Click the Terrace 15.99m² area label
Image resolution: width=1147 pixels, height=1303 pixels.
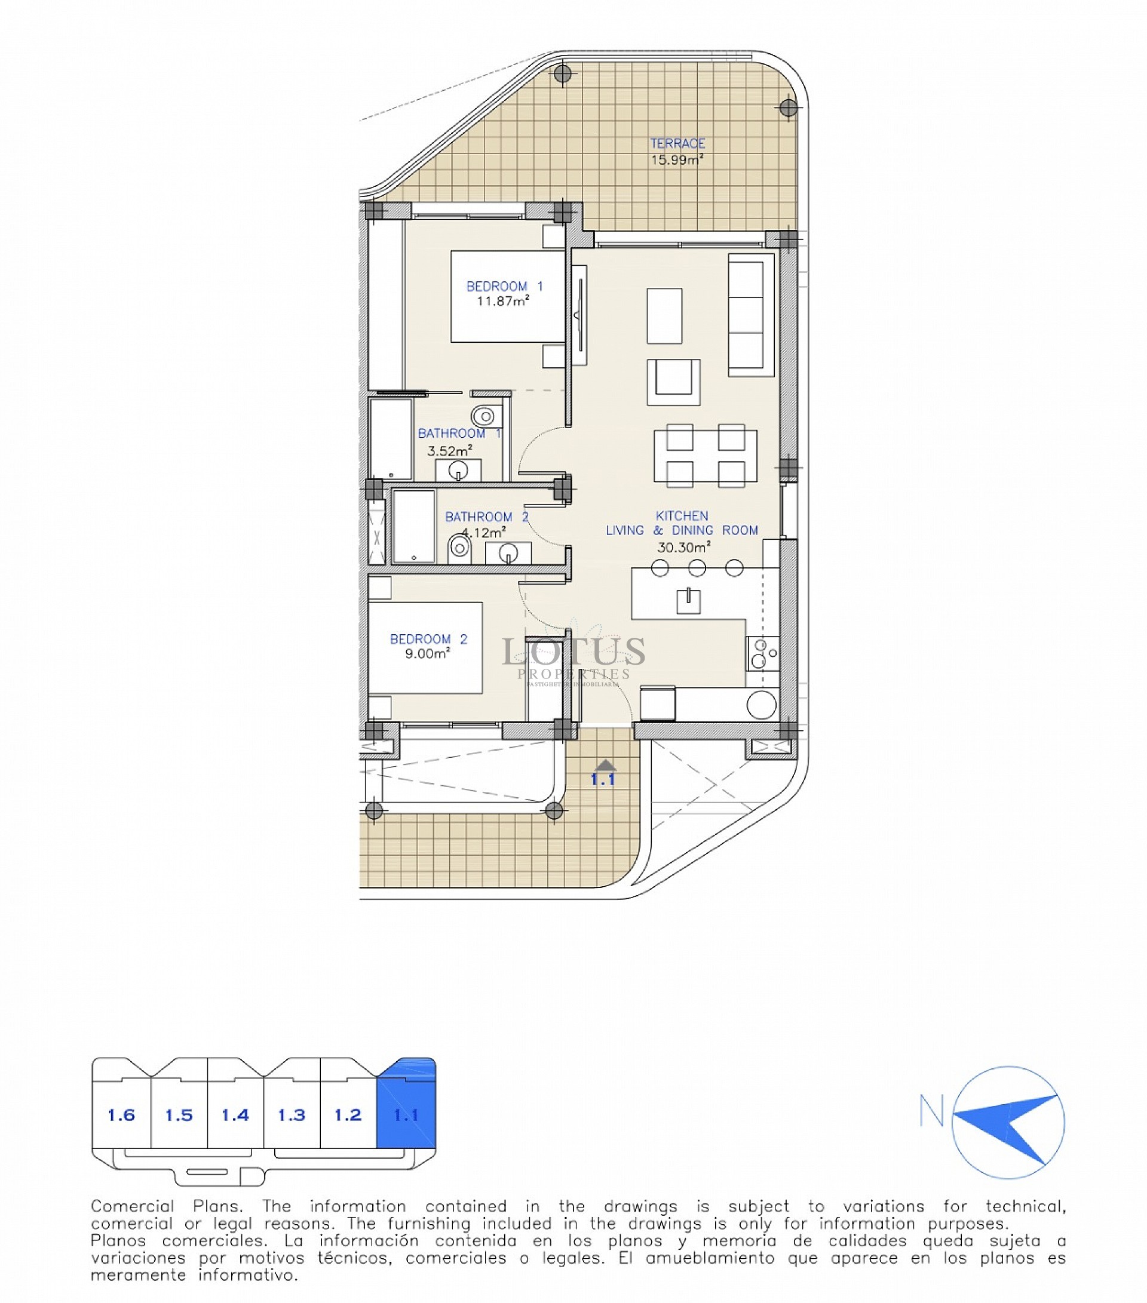click(677, 152)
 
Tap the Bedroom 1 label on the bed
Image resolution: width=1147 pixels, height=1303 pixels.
click(504, 294)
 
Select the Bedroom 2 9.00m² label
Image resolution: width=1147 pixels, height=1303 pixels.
click(428, 646)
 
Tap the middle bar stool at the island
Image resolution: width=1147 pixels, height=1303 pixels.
click(697, 567)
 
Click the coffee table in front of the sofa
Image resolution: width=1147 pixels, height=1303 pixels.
click(664, 315)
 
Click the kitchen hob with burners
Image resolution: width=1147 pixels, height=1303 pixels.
click(762, 653)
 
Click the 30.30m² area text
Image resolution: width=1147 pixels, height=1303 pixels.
click(683, 547)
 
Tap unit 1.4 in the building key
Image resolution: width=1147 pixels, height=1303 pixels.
click(235, 1115)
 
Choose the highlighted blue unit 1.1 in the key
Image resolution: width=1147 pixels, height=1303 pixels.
click(406, 1115)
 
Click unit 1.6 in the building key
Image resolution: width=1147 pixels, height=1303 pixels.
click(121, 1115)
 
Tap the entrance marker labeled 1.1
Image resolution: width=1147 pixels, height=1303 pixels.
click(603, 773)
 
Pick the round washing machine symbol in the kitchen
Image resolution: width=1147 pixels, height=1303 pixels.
click(761, 705)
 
